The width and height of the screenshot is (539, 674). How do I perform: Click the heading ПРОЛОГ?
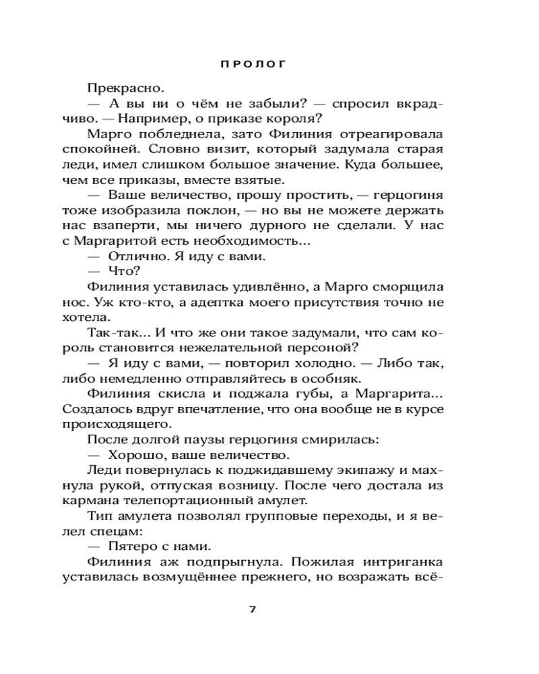pos(253,65)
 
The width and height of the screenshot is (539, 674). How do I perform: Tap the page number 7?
pos(253,609)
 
